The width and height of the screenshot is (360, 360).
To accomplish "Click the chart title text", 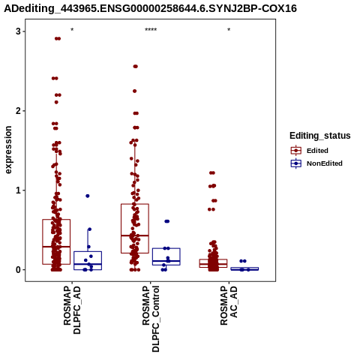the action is (151, 8).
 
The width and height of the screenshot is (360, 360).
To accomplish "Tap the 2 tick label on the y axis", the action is (18, 111).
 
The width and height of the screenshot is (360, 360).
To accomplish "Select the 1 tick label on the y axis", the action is (18, 190).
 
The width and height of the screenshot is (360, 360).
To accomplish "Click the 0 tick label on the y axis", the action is (18, 270).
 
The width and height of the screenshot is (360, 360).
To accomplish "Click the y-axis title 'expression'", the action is (8, 150).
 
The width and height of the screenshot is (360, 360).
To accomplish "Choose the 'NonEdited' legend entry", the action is (316, 163).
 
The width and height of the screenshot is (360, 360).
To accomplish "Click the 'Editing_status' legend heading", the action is (320, 136).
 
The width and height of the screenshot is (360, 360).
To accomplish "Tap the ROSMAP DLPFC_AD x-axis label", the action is (72, 310).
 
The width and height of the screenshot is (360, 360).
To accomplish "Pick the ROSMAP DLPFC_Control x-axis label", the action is (151, 319).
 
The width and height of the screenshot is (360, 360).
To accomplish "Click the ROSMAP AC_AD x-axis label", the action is (229, 305).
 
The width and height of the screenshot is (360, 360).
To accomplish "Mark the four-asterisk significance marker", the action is (151, 30).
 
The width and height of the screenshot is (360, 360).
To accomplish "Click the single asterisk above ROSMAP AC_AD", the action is (229, 30).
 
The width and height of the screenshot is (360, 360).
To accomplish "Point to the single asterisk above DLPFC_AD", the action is (72, 30).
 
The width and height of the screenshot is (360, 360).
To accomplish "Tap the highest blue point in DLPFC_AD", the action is (88, 196).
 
